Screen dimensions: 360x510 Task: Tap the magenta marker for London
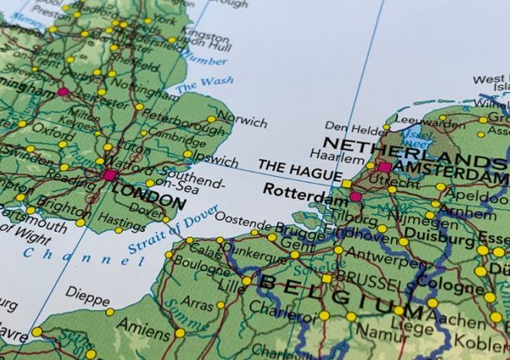(x=110, y=175)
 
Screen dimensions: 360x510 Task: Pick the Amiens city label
(x=142, y=324)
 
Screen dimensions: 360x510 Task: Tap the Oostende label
(x=226, y=224)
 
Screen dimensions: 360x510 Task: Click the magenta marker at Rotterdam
(x=355, y=196)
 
